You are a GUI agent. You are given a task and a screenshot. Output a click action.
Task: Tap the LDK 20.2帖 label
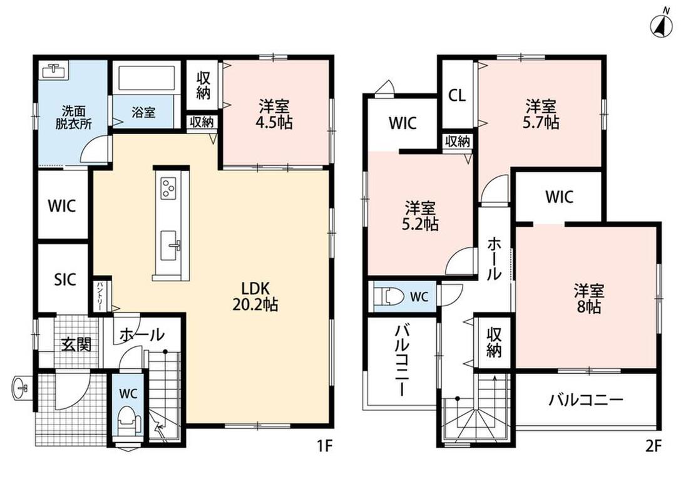pos(255,296)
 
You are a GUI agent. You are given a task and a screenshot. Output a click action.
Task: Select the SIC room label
pos(65,279)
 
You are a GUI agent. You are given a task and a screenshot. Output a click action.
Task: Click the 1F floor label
pos(324,446)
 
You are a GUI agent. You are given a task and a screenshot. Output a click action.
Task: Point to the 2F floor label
pos(654,446)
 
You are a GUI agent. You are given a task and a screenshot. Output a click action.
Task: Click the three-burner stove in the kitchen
pos(168,188)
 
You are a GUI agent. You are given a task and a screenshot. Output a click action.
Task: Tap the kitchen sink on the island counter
pos(170,245)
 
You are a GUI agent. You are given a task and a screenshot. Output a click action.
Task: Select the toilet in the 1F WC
pos(128,421)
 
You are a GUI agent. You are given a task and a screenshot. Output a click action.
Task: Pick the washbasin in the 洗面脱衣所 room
pos(53,71)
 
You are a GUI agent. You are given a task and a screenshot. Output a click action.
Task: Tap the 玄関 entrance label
pos(76,344)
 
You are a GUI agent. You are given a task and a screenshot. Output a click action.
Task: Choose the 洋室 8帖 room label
pos(589,299)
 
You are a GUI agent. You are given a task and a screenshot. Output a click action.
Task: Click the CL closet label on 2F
pos(457,95)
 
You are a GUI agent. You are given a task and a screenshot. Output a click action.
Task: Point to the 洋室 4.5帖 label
pos(274,114)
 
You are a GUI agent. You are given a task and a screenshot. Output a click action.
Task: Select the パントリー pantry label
pos(100,296)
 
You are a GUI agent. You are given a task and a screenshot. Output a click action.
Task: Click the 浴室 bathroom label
pos(143,112)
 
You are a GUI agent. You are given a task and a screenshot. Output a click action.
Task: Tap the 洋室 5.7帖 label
pos(540,114)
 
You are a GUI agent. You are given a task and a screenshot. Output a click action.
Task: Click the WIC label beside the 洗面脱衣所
pos(62,205)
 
